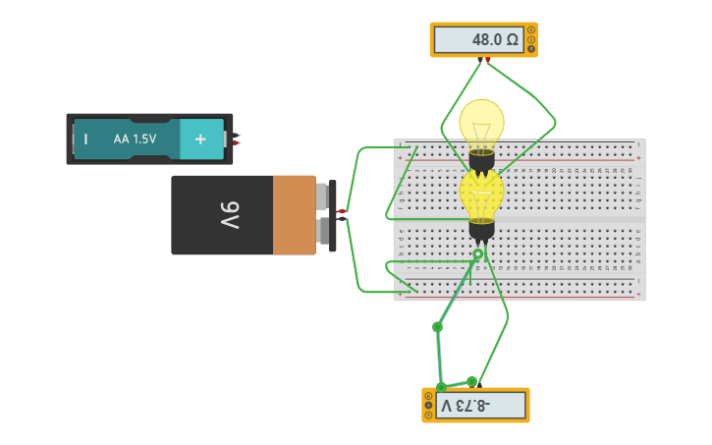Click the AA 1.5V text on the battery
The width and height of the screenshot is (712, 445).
pyautogui.click(x=135, y=139)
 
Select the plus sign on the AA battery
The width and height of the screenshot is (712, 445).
pyautogui.click(x=200, y=139)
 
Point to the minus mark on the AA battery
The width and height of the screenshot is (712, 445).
pyautogui.click(x=85, y=139)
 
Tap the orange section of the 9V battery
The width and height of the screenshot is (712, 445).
pyautogui.click(x=294, y=215)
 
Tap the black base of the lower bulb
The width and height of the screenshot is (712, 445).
pyautogui.click(x=481, y=230)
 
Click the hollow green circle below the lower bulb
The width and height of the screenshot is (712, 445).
pyautogui.click(x=478, y=254)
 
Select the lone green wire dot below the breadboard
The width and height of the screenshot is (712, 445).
pyautogui.click(x=437, y=326)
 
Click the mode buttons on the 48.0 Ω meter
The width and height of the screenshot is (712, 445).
pyautogui.click(x=531, y=40)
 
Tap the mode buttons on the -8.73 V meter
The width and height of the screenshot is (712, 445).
pyautogui.click(x=428, y=405)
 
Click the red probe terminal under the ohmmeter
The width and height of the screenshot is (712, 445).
pyautogui.click(x=487, y=60)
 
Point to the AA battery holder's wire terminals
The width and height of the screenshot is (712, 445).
pyautogui.click(x=236, y=139)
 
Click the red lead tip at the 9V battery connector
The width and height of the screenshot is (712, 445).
pyautogui.click(x=341, y=211)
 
